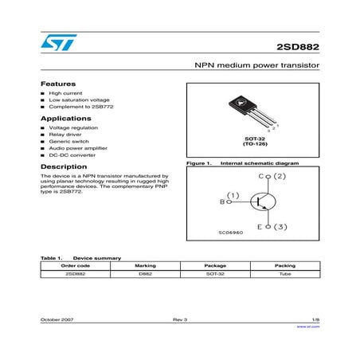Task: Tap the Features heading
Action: coord(57,84)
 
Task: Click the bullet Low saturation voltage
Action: coord(72,100)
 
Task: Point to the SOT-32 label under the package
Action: coord(253,139)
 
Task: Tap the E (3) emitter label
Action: coord(271,228)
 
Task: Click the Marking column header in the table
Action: coord(145,266)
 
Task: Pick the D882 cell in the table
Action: coord(145,273)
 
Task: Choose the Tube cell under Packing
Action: coord(284,273)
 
